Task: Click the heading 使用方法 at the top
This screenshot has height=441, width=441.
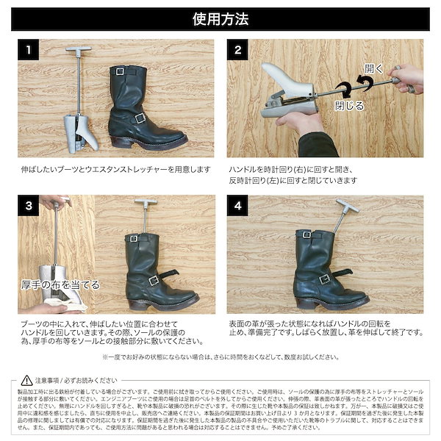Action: click(x=220, y=18)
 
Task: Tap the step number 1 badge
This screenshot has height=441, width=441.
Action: click(x=28, y=51)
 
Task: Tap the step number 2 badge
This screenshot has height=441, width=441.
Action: click(x=238, y=51)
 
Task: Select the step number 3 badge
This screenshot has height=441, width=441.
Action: click(x=28, y=207)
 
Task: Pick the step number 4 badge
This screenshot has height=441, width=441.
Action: click(x=238, y=207)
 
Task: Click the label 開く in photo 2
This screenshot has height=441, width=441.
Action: click(x=374, y=68)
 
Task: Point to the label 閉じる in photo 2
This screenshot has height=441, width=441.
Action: click(x=349, y=105)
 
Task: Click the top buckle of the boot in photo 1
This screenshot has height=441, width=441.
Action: click(x=121, y=71)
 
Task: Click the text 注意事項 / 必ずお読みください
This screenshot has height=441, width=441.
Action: click(x=75, y=381)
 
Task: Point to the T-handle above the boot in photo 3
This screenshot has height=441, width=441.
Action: click(x=146, y=204)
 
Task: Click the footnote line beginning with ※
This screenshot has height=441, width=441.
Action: click(x=220, y=356)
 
